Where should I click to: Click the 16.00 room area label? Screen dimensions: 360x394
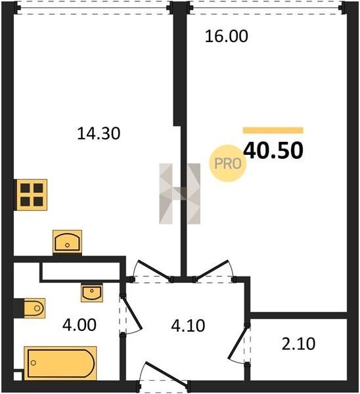point(227,36)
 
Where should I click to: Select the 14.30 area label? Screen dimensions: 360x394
point(99,133)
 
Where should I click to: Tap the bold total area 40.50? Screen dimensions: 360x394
point(273,150)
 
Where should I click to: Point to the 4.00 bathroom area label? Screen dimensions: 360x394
point(79,324)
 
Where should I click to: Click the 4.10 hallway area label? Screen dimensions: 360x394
point(188,326)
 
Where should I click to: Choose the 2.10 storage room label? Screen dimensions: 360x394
point(298,344)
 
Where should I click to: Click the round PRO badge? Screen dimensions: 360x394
point(228,164)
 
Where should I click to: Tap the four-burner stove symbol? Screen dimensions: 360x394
point(32,195)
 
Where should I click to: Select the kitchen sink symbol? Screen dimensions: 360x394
point(67,242)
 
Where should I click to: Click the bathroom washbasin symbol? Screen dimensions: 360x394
point(92,293)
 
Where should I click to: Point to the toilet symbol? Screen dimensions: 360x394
point(34,309)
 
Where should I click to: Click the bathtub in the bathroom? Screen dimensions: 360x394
point(60,363)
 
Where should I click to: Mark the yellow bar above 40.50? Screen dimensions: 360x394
point(273,130)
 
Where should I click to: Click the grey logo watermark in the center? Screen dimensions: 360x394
point(180,194)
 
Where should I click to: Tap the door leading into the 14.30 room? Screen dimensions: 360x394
point(153,271)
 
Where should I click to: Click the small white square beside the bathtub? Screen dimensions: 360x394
point(18,376)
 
